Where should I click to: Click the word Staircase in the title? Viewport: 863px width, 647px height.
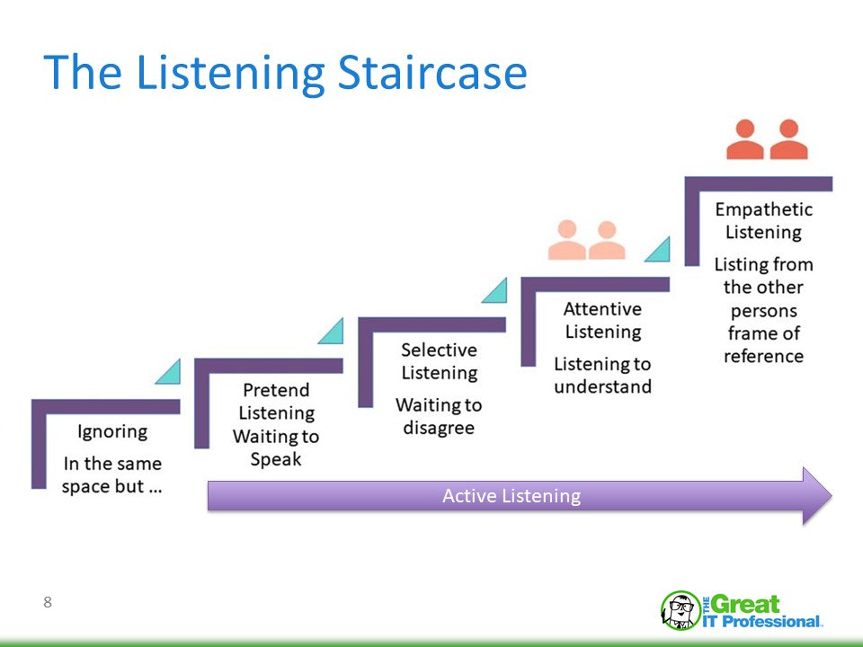click(431, 74)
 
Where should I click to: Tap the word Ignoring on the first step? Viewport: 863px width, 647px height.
click(112, 431)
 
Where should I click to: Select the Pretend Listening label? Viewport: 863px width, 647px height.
click(276, 402)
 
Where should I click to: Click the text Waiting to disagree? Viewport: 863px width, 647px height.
click(439, 417)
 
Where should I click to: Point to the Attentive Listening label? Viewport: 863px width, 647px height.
click(602, 320)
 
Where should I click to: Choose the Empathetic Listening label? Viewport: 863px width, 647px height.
click(763, 220)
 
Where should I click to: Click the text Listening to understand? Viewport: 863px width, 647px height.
click(602, 376)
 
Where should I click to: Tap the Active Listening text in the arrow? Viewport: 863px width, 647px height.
click(512, 496)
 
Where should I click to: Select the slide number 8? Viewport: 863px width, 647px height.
click(48, 603)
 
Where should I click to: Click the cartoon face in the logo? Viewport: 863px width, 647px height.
click(680, 611)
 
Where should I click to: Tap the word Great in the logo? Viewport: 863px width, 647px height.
click(747, 604)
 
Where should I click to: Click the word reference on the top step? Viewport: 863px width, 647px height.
click(763, 356)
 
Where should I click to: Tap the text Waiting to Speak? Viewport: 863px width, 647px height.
click(276, 448)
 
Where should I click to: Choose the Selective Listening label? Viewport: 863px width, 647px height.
click(439, 360)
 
